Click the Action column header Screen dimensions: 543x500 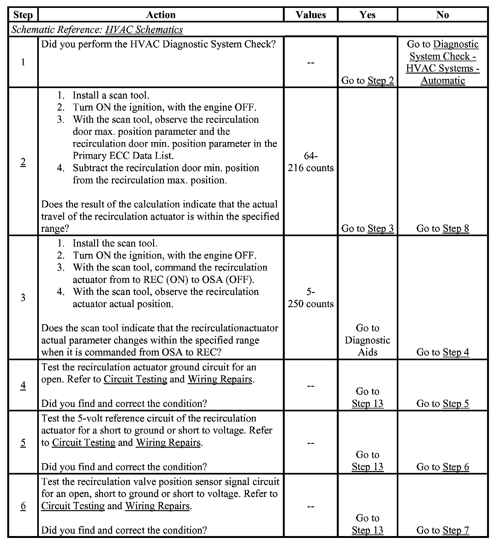tap(161, 15)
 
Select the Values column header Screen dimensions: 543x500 tap(311, 15)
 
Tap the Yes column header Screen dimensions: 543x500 tap(367, 15)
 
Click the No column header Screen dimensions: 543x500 tap(443, 15)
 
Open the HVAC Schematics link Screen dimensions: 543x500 tap(144, 30)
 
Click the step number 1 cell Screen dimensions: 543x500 tap(23, 62)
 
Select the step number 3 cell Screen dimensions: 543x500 tap(23, 297)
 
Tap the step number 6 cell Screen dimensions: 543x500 tap(23, 506)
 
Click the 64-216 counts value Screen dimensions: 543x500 tap(311, 162)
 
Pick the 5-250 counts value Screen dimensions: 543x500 tap(311, 298)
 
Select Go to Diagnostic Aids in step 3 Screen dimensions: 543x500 tap(367, 340)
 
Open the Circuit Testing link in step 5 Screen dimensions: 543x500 tap(84, 443)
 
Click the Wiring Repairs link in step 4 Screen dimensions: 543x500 tap(220, 379)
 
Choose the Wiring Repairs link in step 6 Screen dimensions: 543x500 tap(158, 506)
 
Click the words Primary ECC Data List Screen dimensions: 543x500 tap(123, 156)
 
